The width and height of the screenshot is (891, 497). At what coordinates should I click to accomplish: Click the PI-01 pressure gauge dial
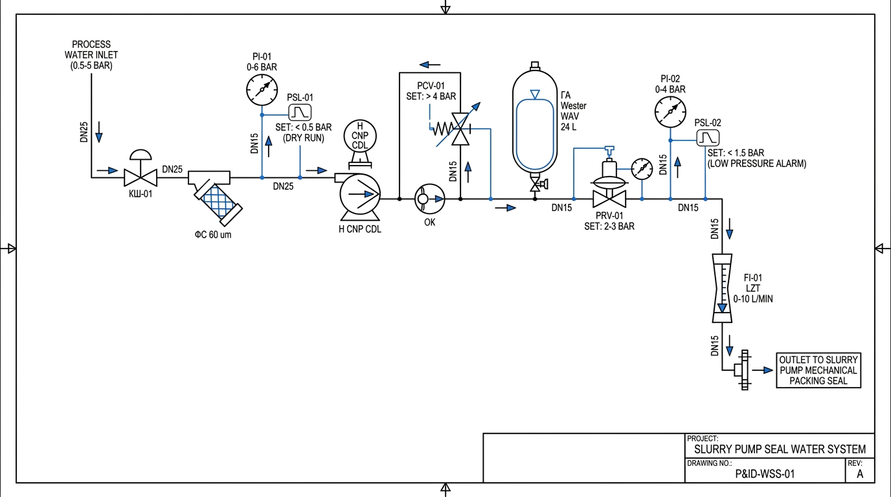(x=262, y=90)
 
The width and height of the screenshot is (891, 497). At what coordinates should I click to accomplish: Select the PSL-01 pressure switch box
(x=300, y=112)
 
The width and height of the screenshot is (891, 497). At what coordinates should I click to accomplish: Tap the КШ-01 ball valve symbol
(x=141, y=177)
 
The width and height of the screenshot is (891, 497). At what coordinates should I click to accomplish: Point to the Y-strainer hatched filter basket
(x=218, y=203)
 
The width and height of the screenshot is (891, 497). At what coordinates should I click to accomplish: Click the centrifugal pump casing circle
(x=360, y=194)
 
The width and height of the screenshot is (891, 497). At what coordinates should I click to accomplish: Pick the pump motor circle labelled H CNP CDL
(x=360, y=136)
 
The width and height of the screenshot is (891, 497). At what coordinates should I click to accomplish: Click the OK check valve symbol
(x=429, y=199)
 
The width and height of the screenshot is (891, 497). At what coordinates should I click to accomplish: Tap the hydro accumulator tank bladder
(x=535, y=135)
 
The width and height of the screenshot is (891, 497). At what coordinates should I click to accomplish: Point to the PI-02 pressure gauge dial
(x=670, y=112)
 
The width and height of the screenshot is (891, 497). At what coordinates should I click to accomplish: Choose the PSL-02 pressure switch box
(x=708, y=138)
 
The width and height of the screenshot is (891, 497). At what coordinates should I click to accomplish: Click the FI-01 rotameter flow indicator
(x=722, y=288)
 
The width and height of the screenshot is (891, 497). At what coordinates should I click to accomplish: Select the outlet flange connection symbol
(x=742, y=370)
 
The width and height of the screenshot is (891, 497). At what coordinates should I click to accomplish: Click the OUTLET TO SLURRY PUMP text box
(x=818, y=370)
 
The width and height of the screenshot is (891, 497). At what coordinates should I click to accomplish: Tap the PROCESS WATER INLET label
(x=91, y=55)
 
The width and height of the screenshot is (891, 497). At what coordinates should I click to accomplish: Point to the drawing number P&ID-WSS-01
(x=765, y=474)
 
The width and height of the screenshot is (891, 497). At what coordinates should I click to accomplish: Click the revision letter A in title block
(x=860, y=474)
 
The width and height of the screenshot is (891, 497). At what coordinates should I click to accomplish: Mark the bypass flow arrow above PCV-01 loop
(x=430, y=65)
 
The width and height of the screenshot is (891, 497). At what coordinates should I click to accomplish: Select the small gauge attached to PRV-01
(x=642, y=169)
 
